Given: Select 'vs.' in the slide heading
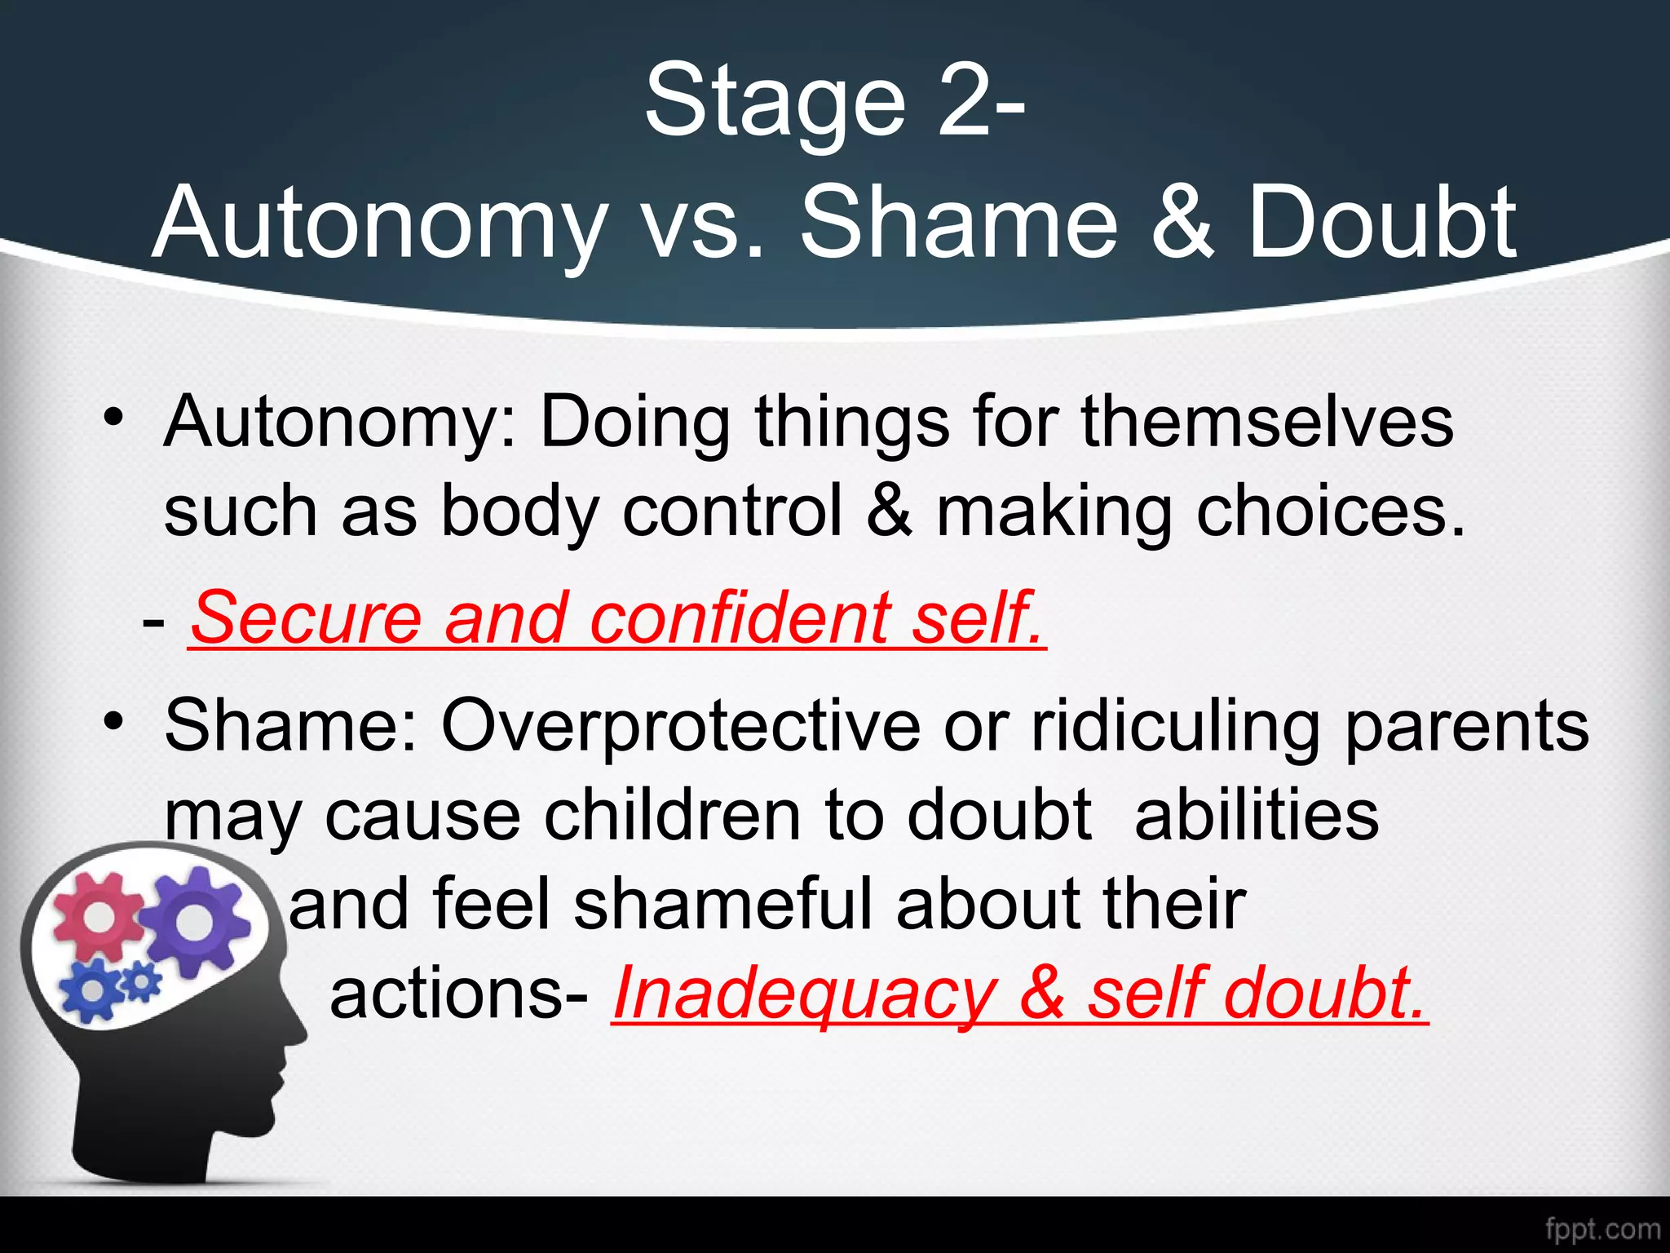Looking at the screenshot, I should tap(702, 223).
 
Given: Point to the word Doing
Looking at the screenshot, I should tap(634, 422).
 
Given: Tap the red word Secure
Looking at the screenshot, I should tap(306, 618).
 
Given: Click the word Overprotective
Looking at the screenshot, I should tap(681, 725).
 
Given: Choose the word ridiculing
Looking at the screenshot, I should tap(1175, 725).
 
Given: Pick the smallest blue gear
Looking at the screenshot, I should tap(144, 982).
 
